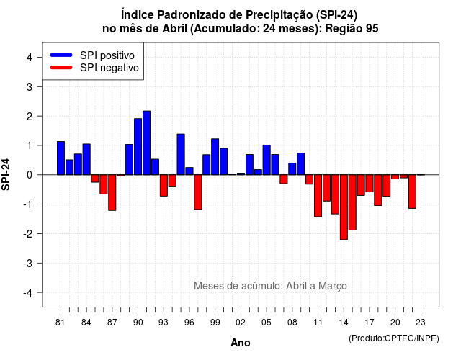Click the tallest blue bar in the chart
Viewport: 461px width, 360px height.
146,143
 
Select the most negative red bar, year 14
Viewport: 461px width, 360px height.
344,207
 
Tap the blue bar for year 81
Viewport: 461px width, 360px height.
61,158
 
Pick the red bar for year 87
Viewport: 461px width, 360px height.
112,192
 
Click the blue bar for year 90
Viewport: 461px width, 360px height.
138,147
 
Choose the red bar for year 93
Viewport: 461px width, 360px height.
164,186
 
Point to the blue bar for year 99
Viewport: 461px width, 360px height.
215,157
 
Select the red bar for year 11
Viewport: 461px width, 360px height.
318,196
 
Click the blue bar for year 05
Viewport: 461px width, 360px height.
267,160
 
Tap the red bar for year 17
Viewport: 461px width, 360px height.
370,184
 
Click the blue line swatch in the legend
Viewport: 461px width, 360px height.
61,55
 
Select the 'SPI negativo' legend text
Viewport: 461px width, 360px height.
109,68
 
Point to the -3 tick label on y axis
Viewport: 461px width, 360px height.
28,263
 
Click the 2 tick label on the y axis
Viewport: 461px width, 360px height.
30,117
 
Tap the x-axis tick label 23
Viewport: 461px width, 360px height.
421,323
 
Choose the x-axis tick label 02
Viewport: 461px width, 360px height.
241,323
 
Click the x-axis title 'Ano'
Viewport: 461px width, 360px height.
241,343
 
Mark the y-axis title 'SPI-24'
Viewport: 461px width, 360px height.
6,174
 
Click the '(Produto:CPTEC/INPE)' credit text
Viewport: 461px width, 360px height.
394,338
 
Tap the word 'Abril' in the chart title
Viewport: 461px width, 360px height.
174,29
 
